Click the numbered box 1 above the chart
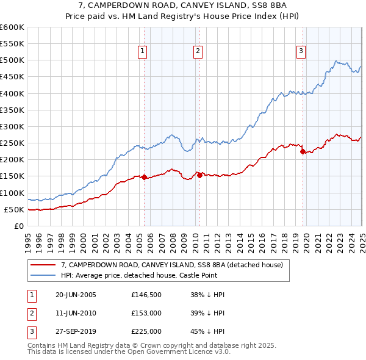142,51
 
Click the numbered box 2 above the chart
198,51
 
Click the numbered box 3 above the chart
301,51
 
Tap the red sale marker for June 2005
144,178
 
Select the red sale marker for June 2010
199,175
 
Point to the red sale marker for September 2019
303,151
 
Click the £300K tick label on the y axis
12,126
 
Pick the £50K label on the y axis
15,209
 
